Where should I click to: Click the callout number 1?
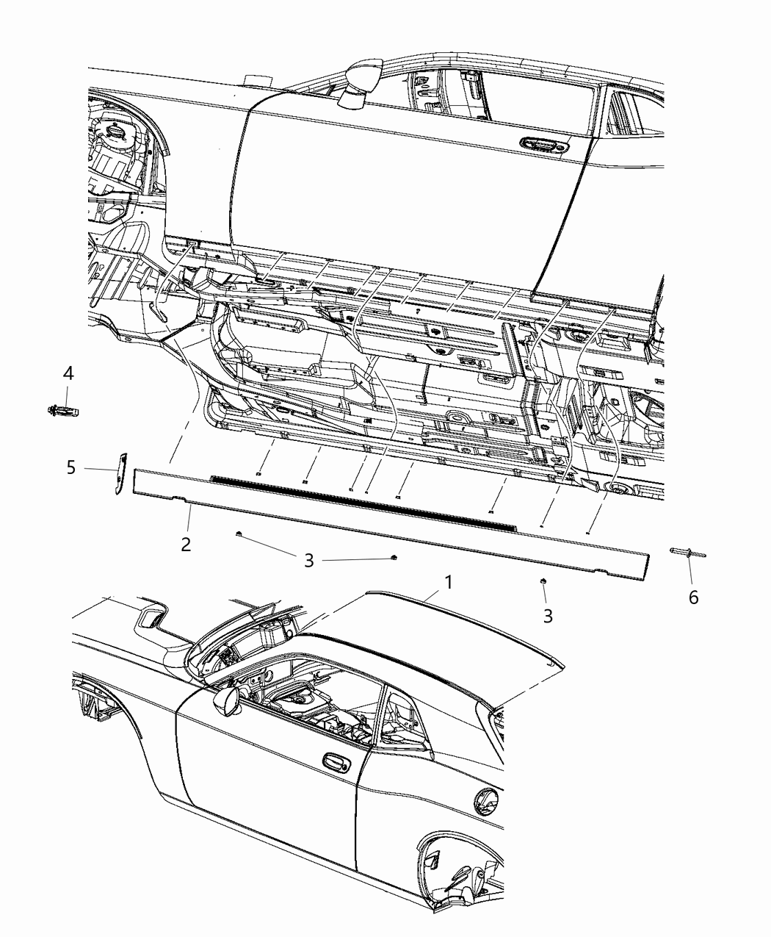[447, 583]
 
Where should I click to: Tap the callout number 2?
[187, 544]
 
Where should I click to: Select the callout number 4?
[68, 373]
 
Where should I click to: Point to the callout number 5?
[71, 467]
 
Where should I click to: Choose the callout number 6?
[693, 597]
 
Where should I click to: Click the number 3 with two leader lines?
[309, 561]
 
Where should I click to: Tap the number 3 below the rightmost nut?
[548, 615]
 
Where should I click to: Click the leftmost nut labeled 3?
[239, 534]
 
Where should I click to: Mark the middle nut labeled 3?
[395, 558]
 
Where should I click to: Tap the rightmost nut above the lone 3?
[543, 582]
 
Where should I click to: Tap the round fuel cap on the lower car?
[487, 801]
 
